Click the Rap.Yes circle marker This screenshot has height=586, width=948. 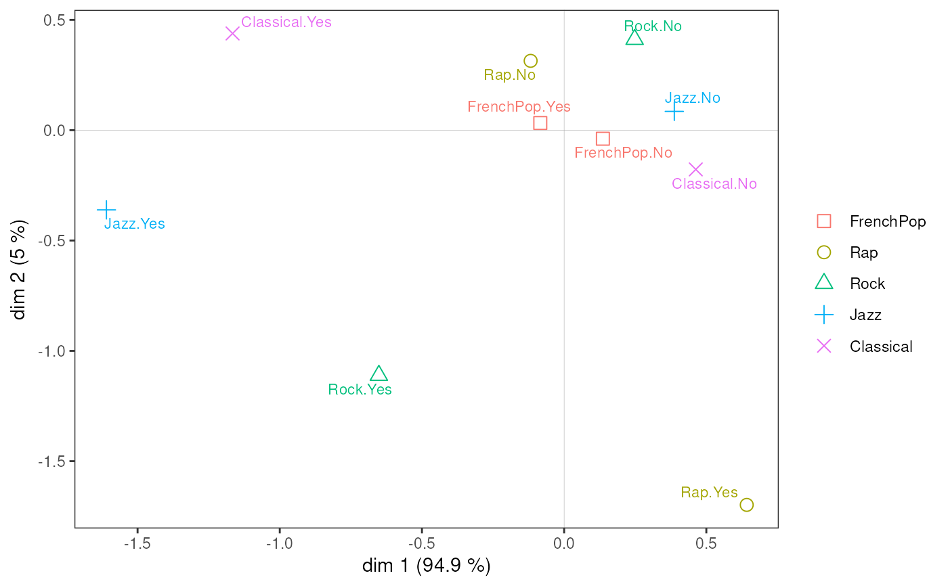[x=746, y=505]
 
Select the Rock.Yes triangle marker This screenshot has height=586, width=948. [x=379, y=374]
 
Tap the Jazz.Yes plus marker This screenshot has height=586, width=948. [x=106, y=210]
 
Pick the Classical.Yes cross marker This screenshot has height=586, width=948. [x=232, y=33]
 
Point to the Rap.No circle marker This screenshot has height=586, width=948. [x=530, y=61]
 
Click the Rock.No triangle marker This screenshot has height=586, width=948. [x=634, y=38]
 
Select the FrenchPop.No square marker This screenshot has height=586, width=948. [x=603, y=139]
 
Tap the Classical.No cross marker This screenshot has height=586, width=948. [x=695, y=169]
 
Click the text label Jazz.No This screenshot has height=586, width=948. [x=692, y=97]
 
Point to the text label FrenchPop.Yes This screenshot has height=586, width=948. [x=519, y=107]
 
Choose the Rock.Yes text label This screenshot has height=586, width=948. [x=360, y=390]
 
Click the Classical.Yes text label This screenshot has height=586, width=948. [x=286, y=22]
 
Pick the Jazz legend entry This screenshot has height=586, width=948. [x=865, y=315]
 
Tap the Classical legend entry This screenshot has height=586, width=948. [x=881, y=346]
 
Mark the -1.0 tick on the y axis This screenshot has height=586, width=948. [x=50, y=351]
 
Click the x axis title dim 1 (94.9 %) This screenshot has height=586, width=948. [x=426, y=566]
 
